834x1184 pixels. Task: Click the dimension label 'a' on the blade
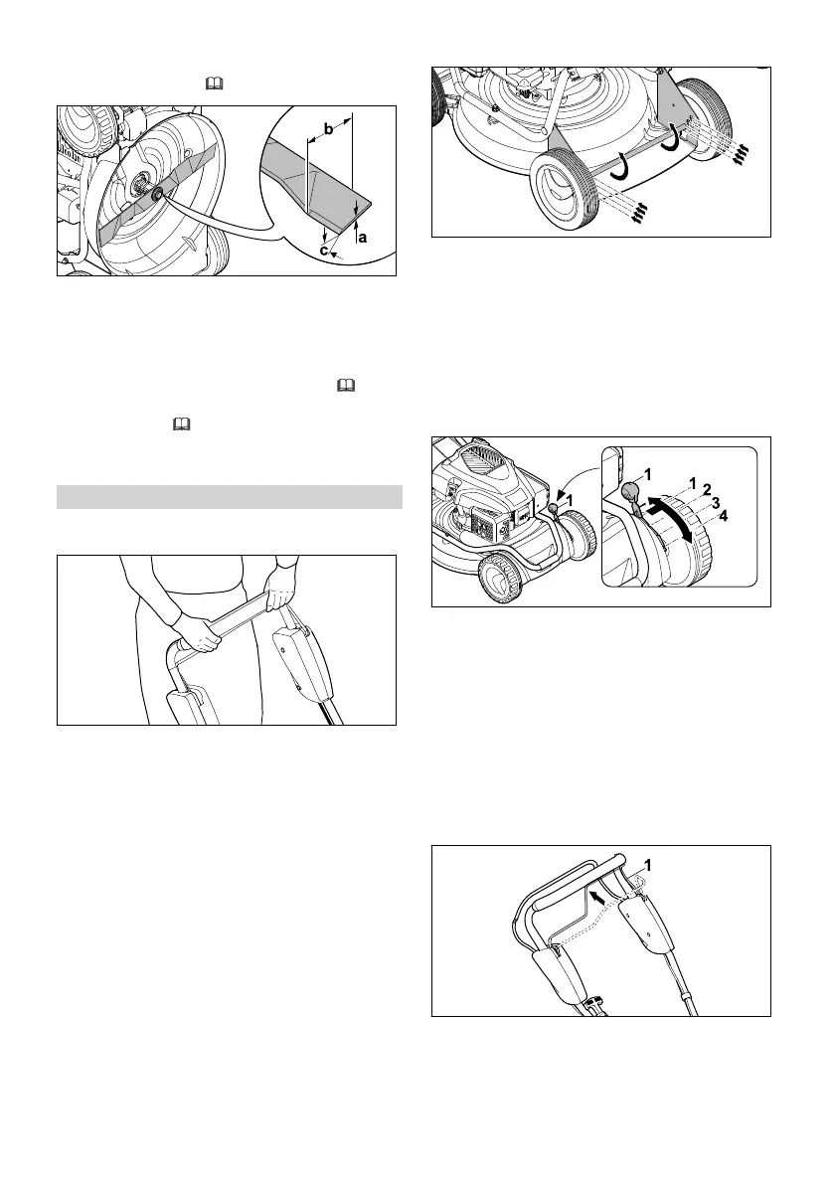(362, 238)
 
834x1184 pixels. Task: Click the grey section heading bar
(229, 496)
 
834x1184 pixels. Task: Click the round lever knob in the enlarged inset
(629, 492)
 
